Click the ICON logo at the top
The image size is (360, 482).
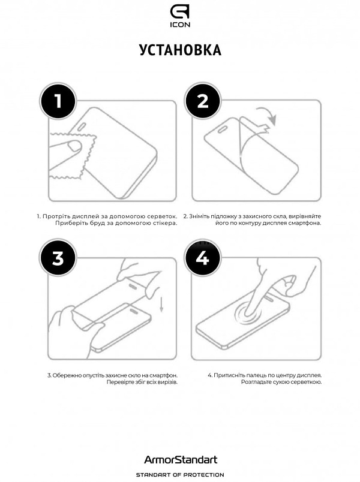coord(180,16)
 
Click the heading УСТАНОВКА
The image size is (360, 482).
coord(180,50)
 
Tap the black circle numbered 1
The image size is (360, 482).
coord(58,101)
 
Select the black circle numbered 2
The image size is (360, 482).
coord(202,101)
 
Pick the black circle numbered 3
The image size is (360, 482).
coord(58,258)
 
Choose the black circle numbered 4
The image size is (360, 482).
coord(202,258)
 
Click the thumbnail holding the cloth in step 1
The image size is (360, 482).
coord(74,146)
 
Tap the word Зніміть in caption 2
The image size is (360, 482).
coord(198,216)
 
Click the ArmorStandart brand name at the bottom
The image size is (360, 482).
coord(181,460)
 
